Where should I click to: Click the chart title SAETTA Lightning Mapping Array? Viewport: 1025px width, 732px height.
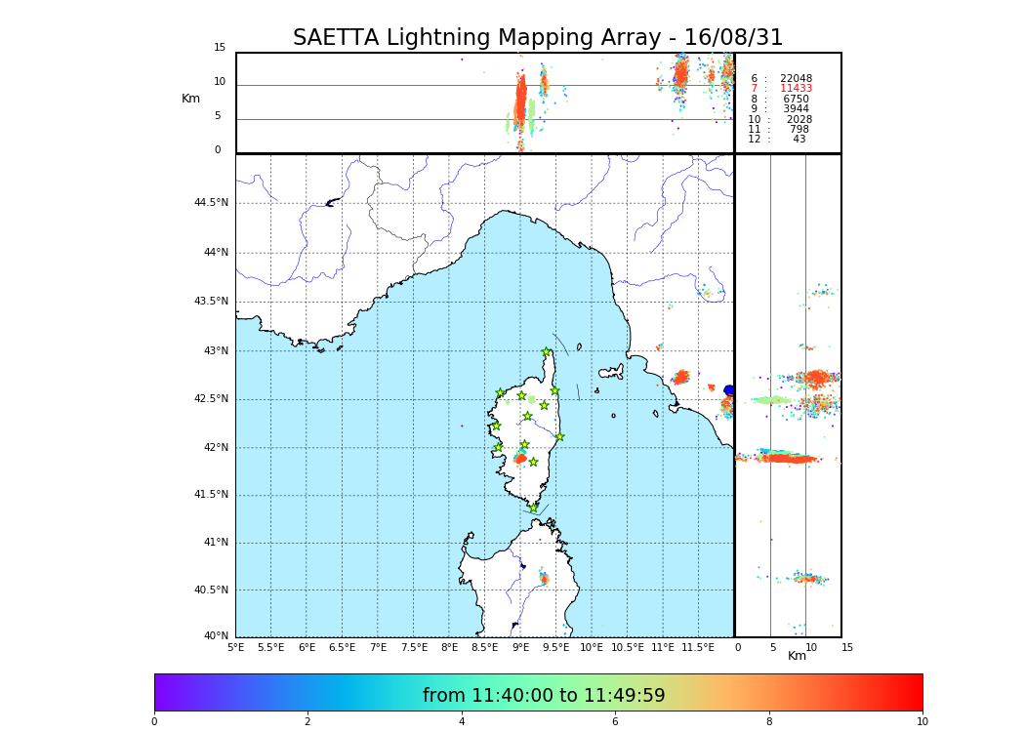(x=538, y=38)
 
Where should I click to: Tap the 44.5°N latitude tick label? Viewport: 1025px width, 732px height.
(x=211, y=203)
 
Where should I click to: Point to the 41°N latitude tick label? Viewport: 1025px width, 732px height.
(x=214, y=543)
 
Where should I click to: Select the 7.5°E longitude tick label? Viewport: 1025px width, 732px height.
(x=414, y=647)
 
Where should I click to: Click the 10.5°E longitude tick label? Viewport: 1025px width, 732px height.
(x=627, y=647)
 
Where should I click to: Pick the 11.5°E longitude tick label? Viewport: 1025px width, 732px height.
(x=699, y=647)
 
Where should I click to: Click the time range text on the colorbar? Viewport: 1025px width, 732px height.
(x=544, y=696)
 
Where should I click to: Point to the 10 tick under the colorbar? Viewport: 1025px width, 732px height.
(x=922, y=722)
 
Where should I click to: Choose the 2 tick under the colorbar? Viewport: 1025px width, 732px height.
(x=307, y=722)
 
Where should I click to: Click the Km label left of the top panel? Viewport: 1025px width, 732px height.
(x=190, y=99)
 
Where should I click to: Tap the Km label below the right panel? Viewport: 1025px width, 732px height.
(x=798, y=657)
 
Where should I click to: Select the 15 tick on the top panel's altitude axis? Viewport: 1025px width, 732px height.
(x=220, y=48)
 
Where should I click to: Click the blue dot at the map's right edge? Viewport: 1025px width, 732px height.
(x=729, y=390)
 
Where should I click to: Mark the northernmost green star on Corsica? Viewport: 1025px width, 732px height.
(x=547, y=352)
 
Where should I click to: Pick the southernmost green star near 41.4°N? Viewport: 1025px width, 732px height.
(x=534, y=508)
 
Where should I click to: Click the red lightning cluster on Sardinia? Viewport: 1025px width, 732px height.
(x=544, y=579)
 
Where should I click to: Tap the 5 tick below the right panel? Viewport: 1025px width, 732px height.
(x=772, y=647)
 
